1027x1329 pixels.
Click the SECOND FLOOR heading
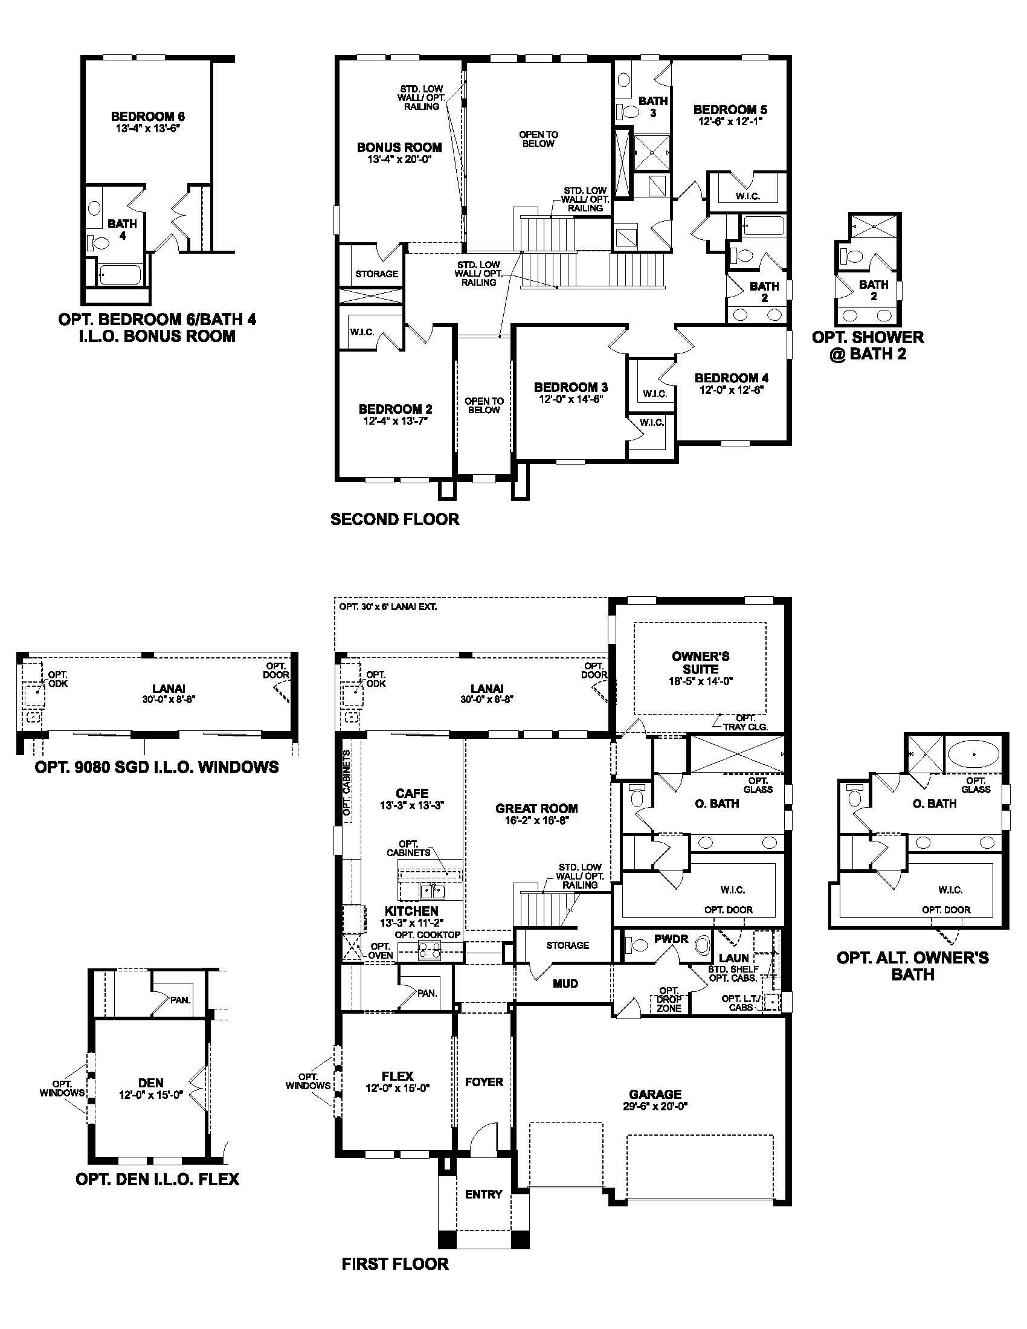[395, 519]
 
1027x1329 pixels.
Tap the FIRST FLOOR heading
[395, 1264]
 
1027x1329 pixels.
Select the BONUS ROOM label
[399, 147]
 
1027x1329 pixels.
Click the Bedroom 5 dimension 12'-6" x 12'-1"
[730, 121]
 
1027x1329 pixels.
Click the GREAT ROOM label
[536, 808]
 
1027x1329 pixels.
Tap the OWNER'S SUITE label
[700, 662]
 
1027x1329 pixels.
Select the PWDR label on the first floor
[671, 939]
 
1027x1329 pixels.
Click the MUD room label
[565, 983]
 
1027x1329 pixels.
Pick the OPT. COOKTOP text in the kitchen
[427, 935]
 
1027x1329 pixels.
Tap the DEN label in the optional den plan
[150, 1083]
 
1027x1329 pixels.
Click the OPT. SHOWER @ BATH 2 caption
[868, 345]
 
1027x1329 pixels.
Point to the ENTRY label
[483, 1194]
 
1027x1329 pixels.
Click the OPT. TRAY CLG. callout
[745, 722]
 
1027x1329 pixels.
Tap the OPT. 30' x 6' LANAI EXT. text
[388, 607]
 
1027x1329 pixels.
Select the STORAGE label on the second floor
[376, 274]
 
